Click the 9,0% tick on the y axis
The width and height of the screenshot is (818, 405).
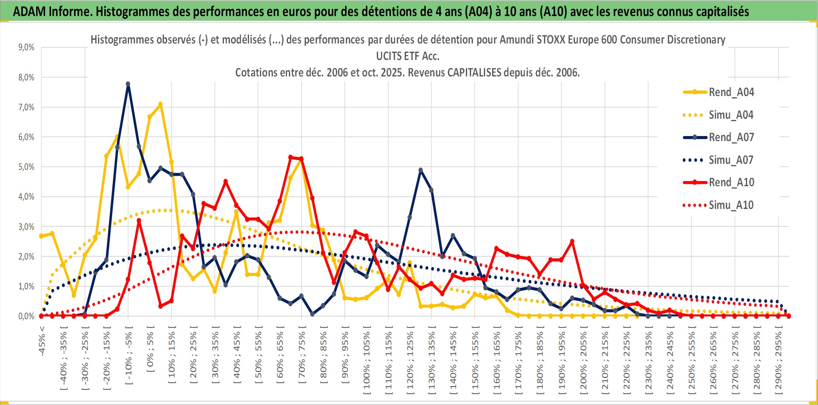(x=26, y=47)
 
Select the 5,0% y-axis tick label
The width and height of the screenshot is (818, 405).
(x=26, y=167)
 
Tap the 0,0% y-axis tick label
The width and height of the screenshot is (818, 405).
(x=26, y=316)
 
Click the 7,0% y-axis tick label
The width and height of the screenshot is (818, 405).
(x=26, y=107)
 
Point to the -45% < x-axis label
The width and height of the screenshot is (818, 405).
(x=42, y=341)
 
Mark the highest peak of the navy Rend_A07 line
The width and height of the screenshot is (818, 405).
(x=128, y=84)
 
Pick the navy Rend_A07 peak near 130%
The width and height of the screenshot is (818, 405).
(x=420, y=170)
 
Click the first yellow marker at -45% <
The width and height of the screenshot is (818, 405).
(x=41, y=236)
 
